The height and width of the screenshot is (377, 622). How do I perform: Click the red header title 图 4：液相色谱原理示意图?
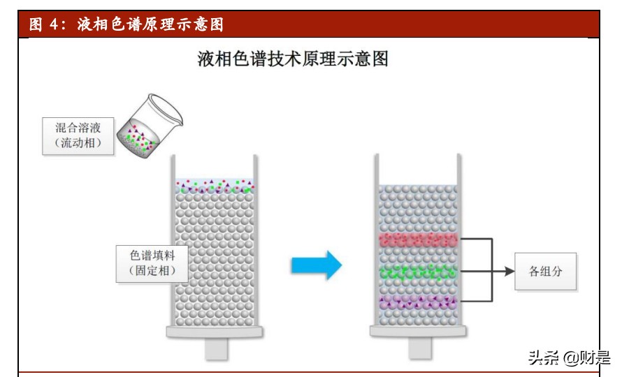[126, 24]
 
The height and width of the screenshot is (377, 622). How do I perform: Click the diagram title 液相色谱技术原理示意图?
[293, 59]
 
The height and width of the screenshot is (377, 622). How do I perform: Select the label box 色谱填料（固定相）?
[152, 263]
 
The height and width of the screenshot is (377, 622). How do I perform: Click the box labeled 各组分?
[545, 272]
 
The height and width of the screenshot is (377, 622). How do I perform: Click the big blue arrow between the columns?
[316, 265]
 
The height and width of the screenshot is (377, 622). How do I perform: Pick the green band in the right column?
[419, 272]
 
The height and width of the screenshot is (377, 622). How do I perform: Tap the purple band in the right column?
[419, 302]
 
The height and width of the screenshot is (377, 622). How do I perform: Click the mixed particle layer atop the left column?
[215, 186]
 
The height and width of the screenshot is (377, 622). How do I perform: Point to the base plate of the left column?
[215, 332]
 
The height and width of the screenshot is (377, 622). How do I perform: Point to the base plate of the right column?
[419, 332]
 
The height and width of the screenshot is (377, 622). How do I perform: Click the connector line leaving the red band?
[475, 239]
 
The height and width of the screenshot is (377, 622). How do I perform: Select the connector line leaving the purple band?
[475, 302]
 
